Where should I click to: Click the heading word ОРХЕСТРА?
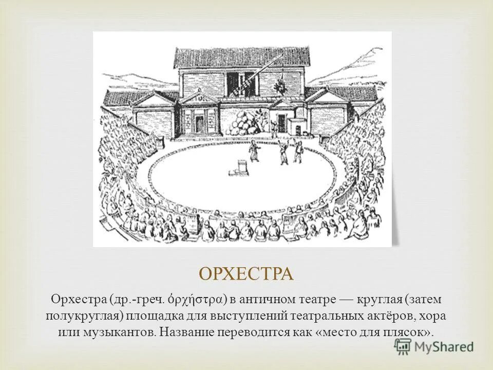pyautogui.click(x=246, y=274)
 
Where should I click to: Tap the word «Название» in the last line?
pyautogui.click(x=187, y=332)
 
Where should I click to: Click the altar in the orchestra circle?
pyautogui.click(x=241, y=167)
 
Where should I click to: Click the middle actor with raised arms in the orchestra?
pyautogui.click(x=283, y=152)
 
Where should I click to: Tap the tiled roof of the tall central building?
pyautogui.click(x=241, y=57)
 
